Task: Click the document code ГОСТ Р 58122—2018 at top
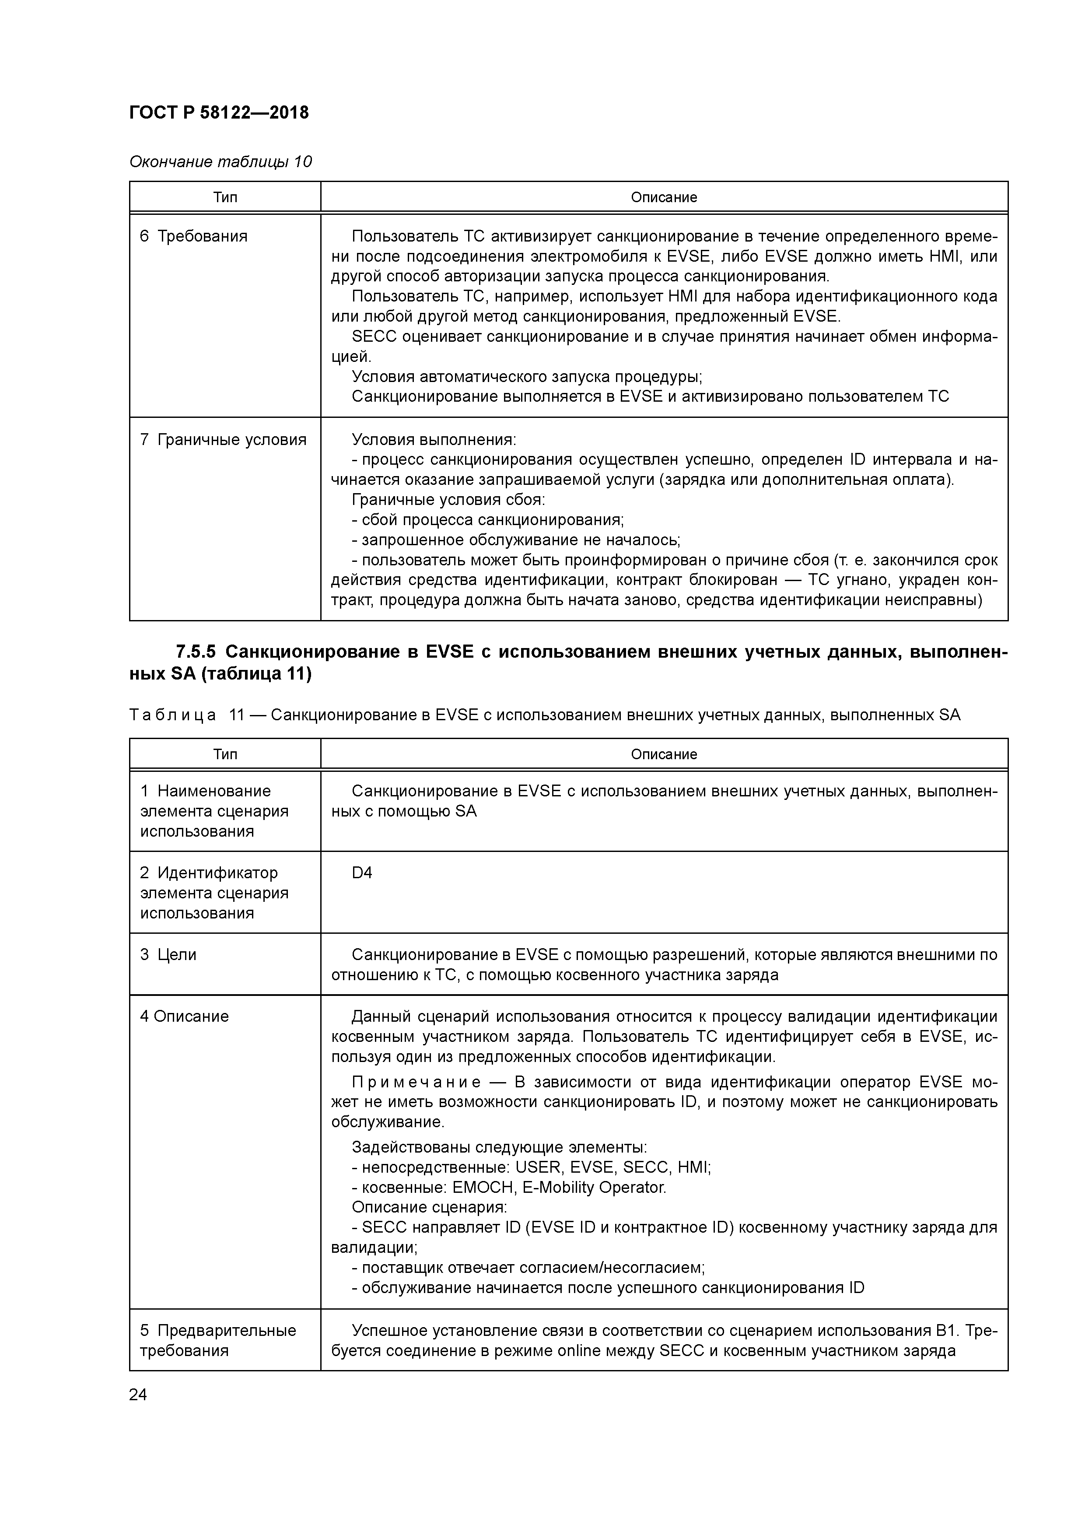(219, 112)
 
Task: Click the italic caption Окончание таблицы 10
(220, 162)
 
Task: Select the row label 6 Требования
(193, 236)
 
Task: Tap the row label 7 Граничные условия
(223, 439)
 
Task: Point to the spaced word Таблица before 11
(172, 715)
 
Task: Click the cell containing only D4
(362, 873)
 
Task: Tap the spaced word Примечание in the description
(416, 1083)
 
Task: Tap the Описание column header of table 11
(663, 754)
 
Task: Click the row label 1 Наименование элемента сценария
(214, 810)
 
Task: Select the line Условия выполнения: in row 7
(433, 439)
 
